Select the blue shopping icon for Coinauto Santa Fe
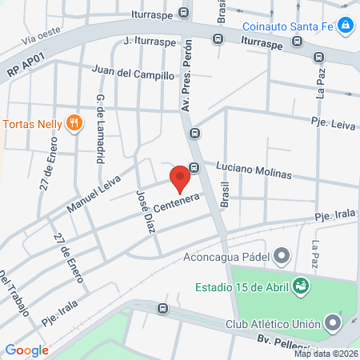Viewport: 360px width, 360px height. (345, 26)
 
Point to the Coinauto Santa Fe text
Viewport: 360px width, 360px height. (286, 26)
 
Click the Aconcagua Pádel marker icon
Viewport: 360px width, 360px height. (282, 256)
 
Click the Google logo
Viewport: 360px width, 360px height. (26, 350)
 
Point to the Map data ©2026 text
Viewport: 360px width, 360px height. (326, 354)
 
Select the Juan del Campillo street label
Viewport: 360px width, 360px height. (133, 74)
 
